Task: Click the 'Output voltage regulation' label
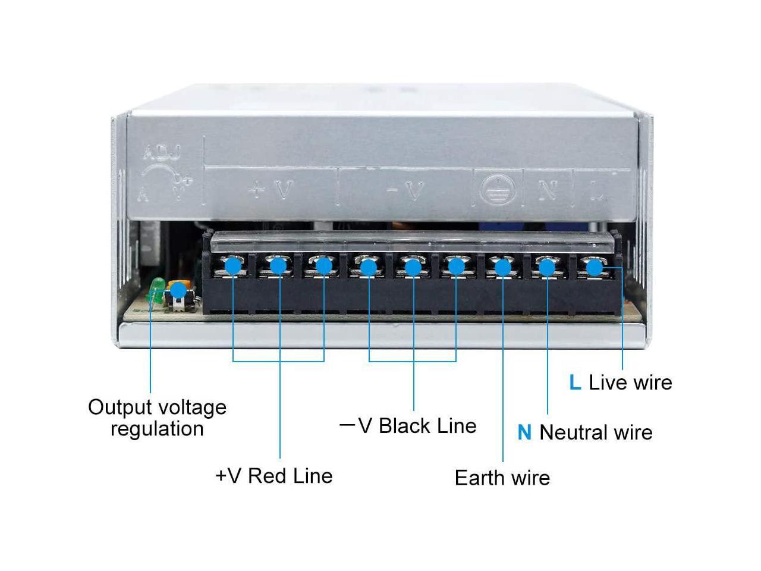pos(157,418)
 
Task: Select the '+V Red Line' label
pos(274,476)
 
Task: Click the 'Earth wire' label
pos(502,478)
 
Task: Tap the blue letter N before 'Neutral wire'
pos(524,432)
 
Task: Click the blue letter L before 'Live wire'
pos(574,382)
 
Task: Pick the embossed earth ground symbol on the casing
pos(495,190)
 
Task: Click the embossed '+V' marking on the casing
pos(271,190)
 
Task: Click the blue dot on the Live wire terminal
pos(593,268)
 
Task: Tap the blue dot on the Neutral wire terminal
pos(547,268)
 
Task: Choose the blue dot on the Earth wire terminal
pos(502,268)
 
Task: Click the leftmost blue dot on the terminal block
pos(233,265)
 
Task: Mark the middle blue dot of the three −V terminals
pos(413,266)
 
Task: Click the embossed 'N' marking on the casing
pos(548,190)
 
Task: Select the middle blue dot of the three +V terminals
pos(278,266)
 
